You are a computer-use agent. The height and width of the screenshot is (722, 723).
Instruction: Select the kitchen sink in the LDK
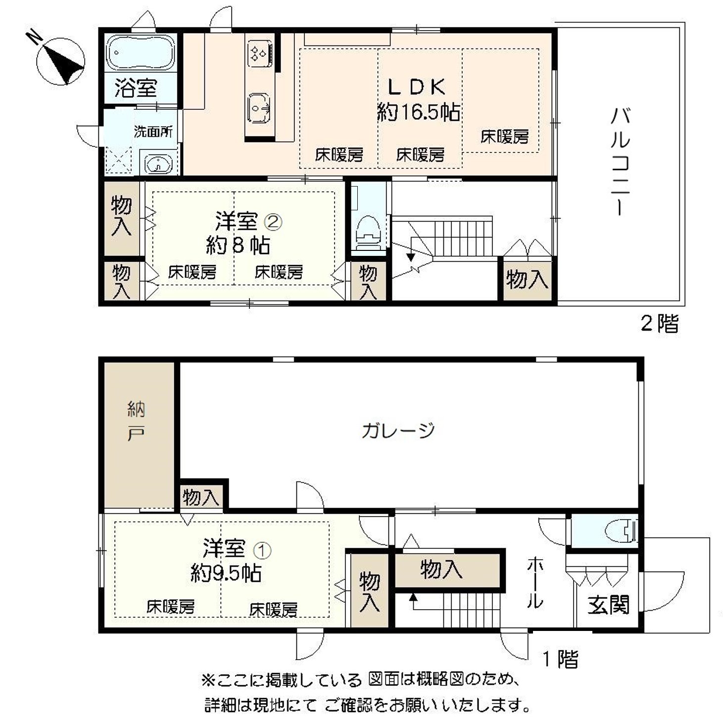point(258,107)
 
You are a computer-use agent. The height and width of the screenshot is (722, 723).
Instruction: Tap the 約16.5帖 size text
point(418,113)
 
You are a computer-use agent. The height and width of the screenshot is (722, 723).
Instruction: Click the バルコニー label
point(620,161)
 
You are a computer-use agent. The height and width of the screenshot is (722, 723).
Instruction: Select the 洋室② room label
point(248,221)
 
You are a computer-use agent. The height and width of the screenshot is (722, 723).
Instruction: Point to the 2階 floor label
point(659,324)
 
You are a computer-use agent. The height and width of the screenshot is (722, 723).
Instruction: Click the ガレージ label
point(398,431)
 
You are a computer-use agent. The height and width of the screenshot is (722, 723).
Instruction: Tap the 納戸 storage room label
point(136,421)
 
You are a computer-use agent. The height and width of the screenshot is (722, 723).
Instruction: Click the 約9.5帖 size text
point(226,573)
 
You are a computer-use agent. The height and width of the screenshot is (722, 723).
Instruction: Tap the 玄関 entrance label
point(608,605)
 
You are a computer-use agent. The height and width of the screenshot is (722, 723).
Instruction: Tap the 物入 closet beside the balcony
point(527,280)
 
